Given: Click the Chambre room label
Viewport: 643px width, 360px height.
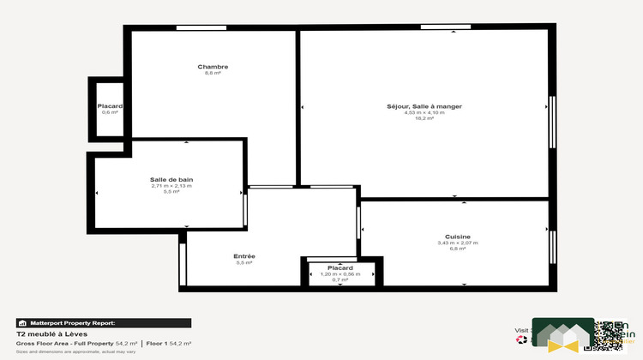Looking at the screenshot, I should [x=213, y=67].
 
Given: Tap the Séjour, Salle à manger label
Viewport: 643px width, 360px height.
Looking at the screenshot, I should [x=424, y=106].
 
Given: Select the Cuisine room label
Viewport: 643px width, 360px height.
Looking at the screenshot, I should [x=457, y=237].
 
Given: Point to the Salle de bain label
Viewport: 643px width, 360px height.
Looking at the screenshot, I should [x=171, y=179].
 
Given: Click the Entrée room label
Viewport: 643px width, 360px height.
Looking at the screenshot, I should [x=244, y=256].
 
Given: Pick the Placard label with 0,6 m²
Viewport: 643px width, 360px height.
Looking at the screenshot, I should [x=110, y=106].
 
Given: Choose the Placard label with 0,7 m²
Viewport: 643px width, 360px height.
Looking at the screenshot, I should [x=340, y=267].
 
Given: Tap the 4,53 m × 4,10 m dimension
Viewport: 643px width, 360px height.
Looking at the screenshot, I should [x=424, y=112].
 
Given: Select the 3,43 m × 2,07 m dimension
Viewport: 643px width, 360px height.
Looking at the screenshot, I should [x=457, y=243].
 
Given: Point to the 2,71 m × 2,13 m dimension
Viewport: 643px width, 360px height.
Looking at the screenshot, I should [x=171, y=185].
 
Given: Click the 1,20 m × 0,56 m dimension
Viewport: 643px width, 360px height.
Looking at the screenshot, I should [x=340, y=273].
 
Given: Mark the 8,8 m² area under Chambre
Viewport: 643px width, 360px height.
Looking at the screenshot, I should [x=213, y=74].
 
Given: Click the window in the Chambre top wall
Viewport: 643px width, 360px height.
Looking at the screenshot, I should [x=201, y=28].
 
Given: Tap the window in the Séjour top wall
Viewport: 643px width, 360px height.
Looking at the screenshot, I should [x=445, y=28].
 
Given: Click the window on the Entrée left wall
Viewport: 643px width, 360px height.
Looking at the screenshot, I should [x=183, y=265].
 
